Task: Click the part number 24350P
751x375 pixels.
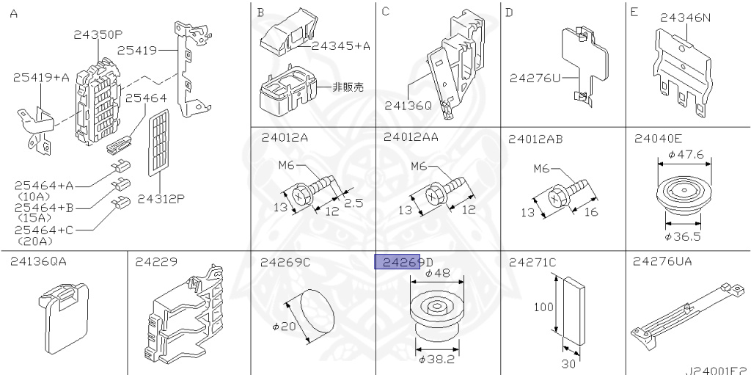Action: tap(98, 34)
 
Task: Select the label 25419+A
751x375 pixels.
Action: tap(40, 76)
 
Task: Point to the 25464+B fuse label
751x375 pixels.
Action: tap(43, 208)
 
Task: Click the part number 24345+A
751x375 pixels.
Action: tap(340, 45)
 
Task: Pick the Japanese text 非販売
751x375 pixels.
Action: tap(348, 87)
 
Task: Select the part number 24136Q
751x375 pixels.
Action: tap(408, 106)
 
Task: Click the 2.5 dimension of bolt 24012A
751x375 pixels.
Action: tap(353, 203)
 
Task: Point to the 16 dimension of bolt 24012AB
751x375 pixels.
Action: tap(591, 212)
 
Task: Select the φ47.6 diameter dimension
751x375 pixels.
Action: tap(686, 155)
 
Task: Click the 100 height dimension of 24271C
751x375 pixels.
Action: tap(543, 307)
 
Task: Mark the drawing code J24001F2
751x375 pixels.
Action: tap(717, 371)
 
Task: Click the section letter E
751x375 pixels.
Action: tap(634, 12)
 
